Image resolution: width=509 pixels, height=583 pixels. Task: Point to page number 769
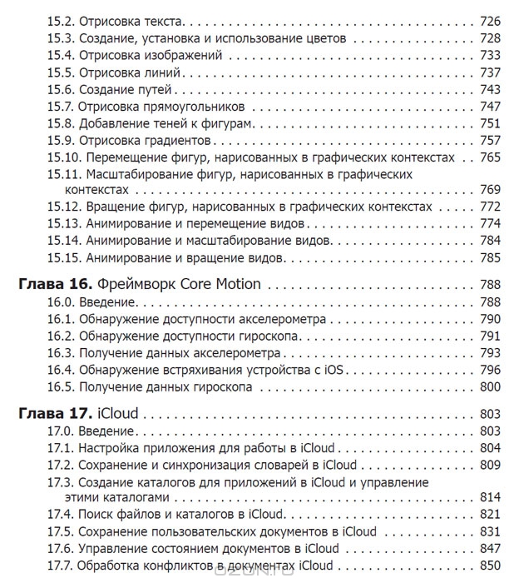(x=489, y=189)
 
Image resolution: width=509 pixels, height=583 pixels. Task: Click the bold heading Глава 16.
(x=53, y=285)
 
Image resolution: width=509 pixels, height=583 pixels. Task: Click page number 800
(x=489, y=387)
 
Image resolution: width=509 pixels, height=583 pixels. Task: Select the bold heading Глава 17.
(x=53, y=413)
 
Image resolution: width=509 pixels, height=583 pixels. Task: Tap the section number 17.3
(x=61, y=482)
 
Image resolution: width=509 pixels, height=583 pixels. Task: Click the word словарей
(x=282, y=465)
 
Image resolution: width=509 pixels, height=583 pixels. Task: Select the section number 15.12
(x=64, y=207)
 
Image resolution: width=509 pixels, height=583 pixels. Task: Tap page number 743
(x=489, y=89)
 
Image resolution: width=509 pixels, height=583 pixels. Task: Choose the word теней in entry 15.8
(x=163, y=123)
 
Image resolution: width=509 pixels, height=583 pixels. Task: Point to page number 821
(x=489, y=515)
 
